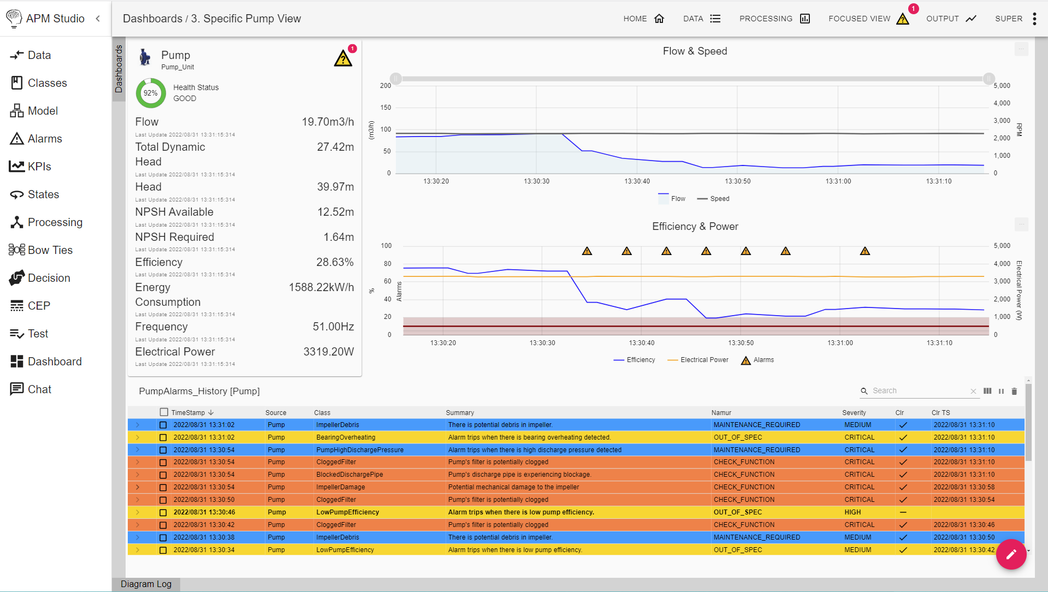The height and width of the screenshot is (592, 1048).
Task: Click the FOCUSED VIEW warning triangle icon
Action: click(902, 19)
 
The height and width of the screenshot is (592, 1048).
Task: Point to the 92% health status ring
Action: click(151, 93)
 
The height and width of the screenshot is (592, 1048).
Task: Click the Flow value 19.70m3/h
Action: click(328, 122)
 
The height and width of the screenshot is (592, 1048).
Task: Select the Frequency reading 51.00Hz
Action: click(333, 327)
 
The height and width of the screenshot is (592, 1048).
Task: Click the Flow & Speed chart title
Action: click(695, 51)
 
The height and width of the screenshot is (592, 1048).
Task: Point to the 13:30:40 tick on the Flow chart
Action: click(637, 181)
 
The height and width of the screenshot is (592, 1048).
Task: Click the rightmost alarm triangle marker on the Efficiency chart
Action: click(865, 251)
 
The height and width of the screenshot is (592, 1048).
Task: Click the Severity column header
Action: click(854, 413)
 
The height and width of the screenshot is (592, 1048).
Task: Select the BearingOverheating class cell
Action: click(346, 437)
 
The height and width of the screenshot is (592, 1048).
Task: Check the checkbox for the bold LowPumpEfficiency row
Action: click(163, 512)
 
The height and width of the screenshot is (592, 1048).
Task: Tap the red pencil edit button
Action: click(1011, 554)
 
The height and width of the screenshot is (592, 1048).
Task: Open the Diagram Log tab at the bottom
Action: click(146, 584)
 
